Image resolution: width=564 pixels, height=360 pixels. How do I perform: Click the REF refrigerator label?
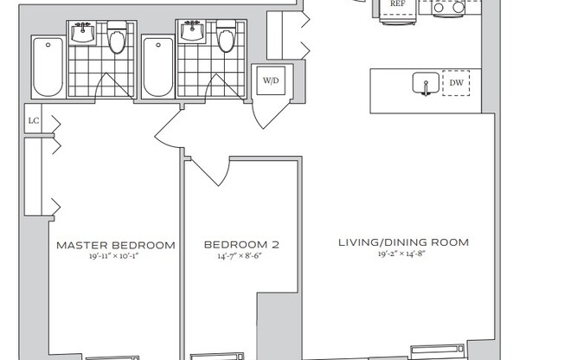pyautogui.click(x=398, y=4)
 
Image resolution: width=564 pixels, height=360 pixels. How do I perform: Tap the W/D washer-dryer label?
pyautogui.click(x=271, y=80)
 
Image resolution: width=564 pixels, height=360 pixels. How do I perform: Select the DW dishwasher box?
pyautogui.click(x=456, y=83)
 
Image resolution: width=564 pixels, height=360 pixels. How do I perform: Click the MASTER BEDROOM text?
pyautogui.click(x=116, y=245)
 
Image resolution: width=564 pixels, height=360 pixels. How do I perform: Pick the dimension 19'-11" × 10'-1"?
pyautogui.click(x=116, y=257)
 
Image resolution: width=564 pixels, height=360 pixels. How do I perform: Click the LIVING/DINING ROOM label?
pyautogui.click(x=403, y=242)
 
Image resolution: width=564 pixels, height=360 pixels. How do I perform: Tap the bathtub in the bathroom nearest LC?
pyautogui.click(x=47, y=67)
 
